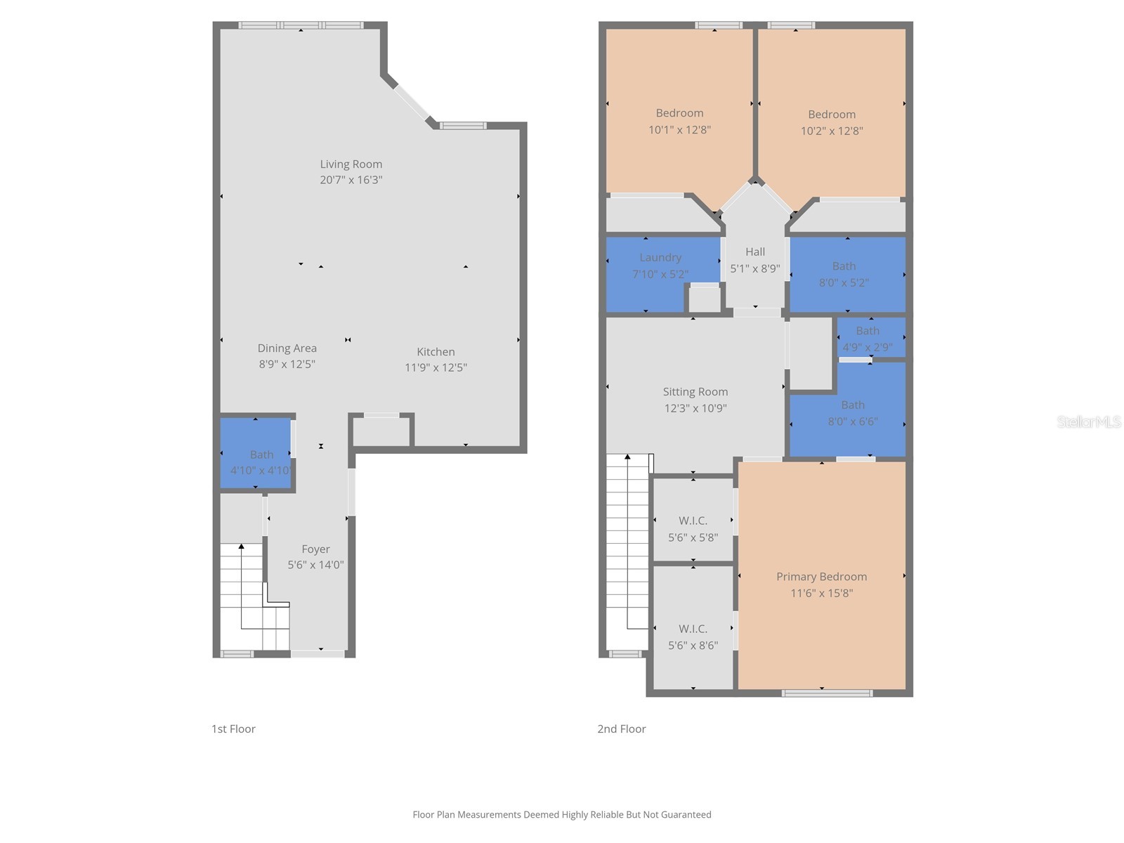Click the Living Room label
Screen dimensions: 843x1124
(351, 164)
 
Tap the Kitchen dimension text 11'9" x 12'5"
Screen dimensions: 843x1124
(436, 367)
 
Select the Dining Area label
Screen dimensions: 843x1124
(287, 348)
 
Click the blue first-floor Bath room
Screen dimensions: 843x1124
(256, 453)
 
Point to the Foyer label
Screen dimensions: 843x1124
(315, 549)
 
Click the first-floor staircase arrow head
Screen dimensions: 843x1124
(241, 546)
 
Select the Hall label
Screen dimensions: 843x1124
(755, 251)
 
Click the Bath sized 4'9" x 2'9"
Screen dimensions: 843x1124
(868, 339)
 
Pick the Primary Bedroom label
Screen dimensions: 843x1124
(821, 577)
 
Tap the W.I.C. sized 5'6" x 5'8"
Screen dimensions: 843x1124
(693, 528)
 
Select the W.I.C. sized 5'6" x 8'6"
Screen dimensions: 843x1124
(693, 636)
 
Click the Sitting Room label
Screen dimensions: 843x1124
(695, 392)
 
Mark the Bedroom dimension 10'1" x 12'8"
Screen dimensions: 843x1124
(679, 130)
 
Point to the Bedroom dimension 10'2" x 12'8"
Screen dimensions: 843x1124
(832, 131)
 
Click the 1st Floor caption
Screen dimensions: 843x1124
(233, 729)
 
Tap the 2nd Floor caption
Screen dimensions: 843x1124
(621, 729)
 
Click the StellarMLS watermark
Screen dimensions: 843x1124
(1088, 421)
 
